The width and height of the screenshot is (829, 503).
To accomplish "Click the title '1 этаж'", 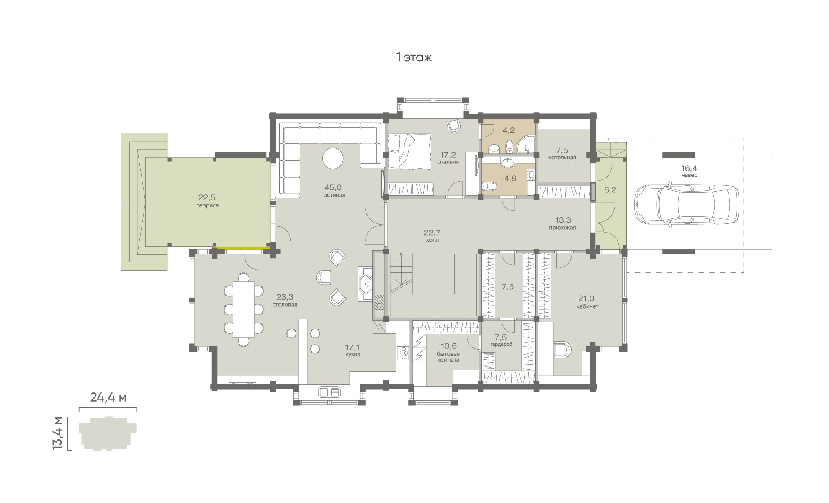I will pos(414,57).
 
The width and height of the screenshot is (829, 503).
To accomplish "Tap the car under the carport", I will pos(686,204).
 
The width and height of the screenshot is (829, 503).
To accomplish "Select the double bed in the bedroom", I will pos(409,152).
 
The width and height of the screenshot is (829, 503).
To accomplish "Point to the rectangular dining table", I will pos(243,309).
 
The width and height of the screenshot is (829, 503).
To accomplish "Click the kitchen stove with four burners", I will pos(403,353).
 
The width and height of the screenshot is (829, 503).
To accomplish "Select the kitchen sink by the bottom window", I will pos(330,392).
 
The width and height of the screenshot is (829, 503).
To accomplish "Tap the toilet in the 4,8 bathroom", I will pos(489,187).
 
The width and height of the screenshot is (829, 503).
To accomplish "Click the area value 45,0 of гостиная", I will pos(333,187).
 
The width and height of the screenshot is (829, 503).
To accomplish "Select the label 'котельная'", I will pos(562,158).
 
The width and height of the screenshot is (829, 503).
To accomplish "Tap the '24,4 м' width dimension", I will pos(108,397).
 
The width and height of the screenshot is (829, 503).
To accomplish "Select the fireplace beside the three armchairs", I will pos(366,284).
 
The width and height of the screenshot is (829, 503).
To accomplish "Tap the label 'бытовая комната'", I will pos(448,357).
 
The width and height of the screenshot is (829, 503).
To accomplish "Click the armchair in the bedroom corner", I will pos(453,126).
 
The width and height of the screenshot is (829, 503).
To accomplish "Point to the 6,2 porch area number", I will pos(610,190).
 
